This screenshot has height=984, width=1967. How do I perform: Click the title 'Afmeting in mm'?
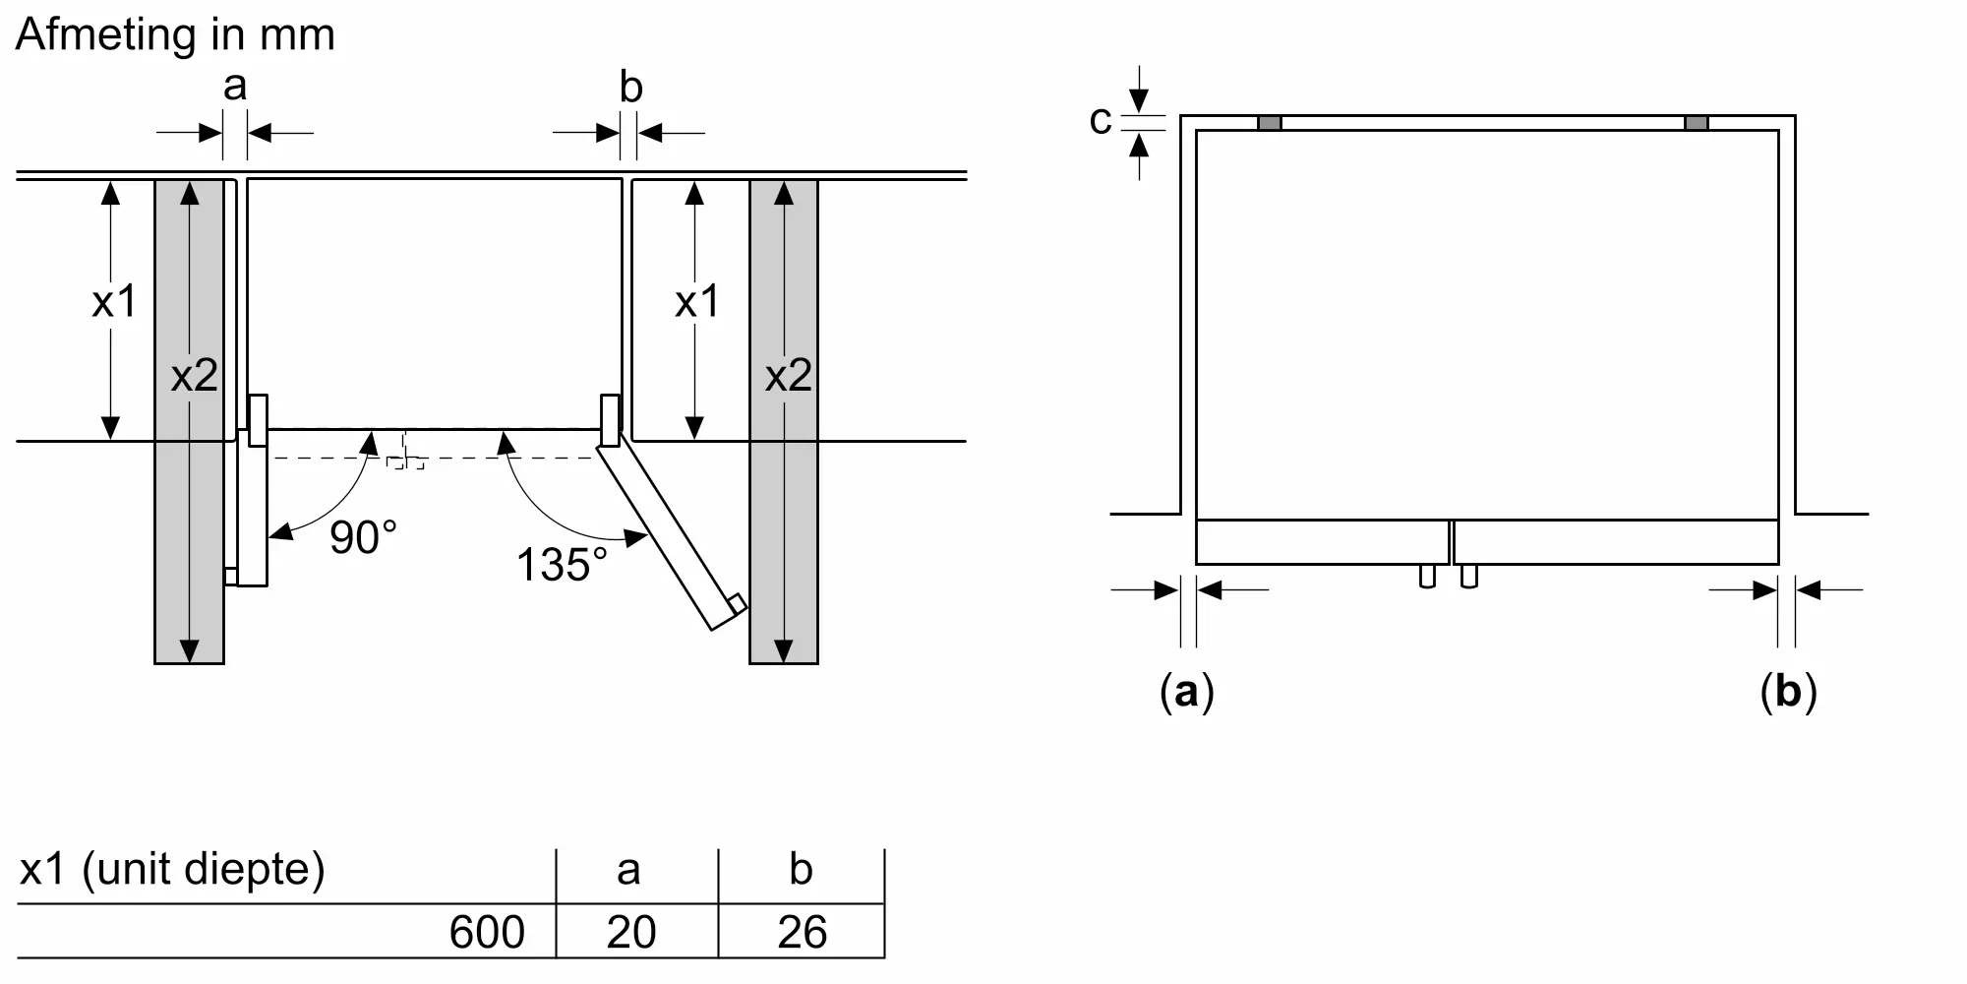175,35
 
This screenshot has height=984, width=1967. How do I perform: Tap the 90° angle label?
363,537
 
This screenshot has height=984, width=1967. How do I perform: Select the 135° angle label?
562,565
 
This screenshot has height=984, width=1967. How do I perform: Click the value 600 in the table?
487,932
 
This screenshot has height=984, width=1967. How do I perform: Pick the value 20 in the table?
630,932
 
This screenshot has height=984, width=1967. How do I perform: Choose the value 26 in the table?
802,932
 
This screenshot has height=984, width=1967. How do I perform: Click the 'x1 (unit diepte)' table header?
172,870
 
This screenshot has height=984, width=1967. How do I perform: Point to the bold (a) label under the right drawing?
1187,692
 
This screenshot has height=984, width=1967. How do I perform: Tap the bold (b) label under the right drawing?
1788,692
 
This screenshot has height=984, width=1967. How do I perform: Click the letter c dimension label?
1101,121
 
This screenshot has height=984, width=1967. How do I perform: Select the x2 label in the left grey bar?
194,376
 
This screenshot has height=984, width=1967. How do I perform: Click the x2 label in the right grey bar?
788,376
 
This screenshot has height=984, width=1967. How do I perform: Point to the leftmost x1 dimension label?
114,301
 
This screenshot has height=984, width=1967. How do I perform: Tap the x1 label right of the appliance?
697,301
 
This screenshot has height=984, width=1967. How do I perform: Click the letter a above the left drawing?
234,87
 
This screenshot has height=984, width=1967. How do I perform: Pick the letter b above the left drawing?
630,87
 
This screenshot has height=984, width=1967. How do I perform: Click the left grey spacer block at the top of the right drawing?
1270,123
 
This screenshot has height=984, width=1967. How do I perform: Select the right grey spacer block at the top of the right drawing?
1697,123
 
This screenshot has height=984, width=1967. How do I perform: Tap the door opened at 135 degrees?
673,536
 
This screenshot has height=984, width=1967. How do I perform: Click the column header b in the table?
801,870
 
